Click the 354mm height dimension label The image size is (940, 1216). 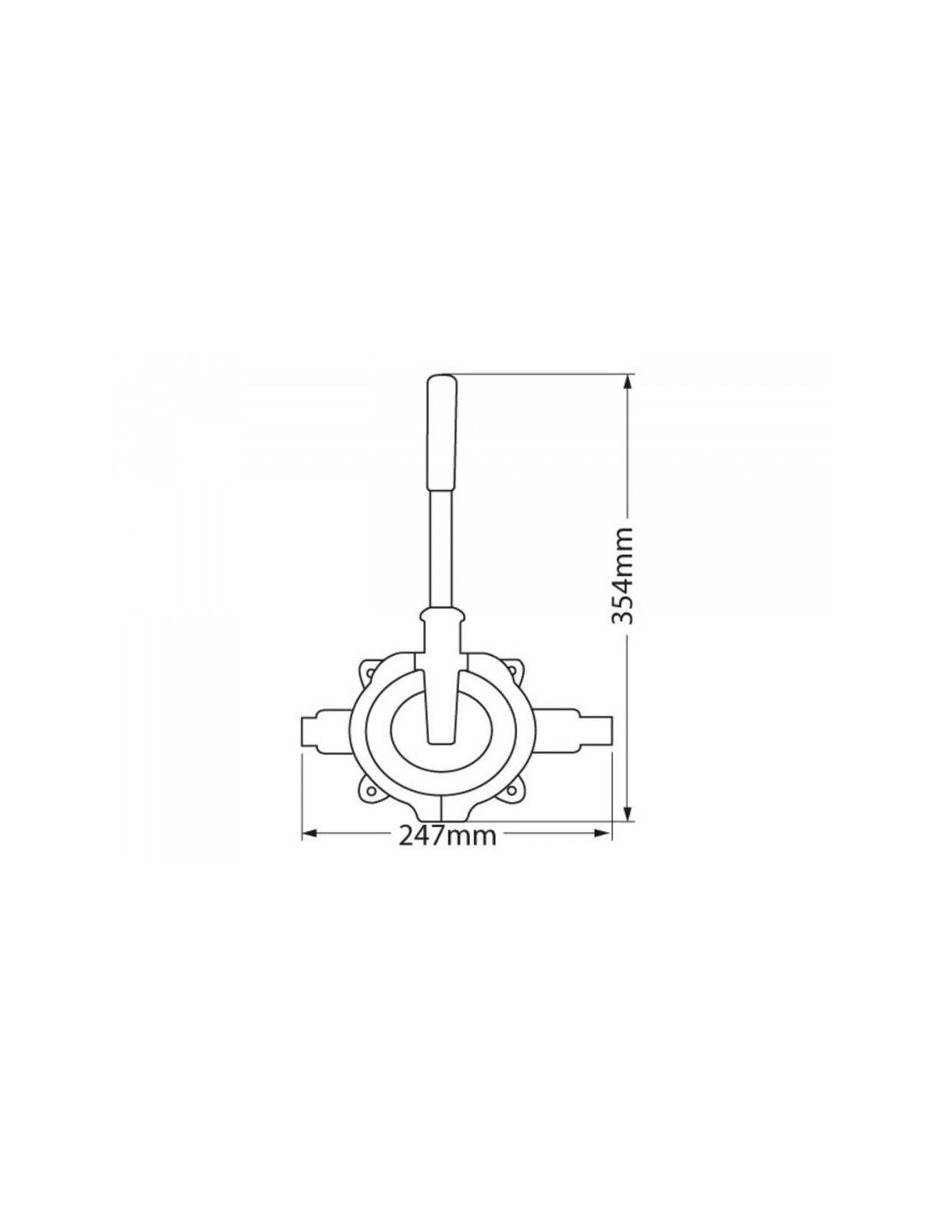tap(621, 575)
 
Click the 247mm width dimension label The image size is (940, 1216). tap(447, 851)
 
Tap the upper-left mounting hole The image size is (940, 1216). tap(370, 675)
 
